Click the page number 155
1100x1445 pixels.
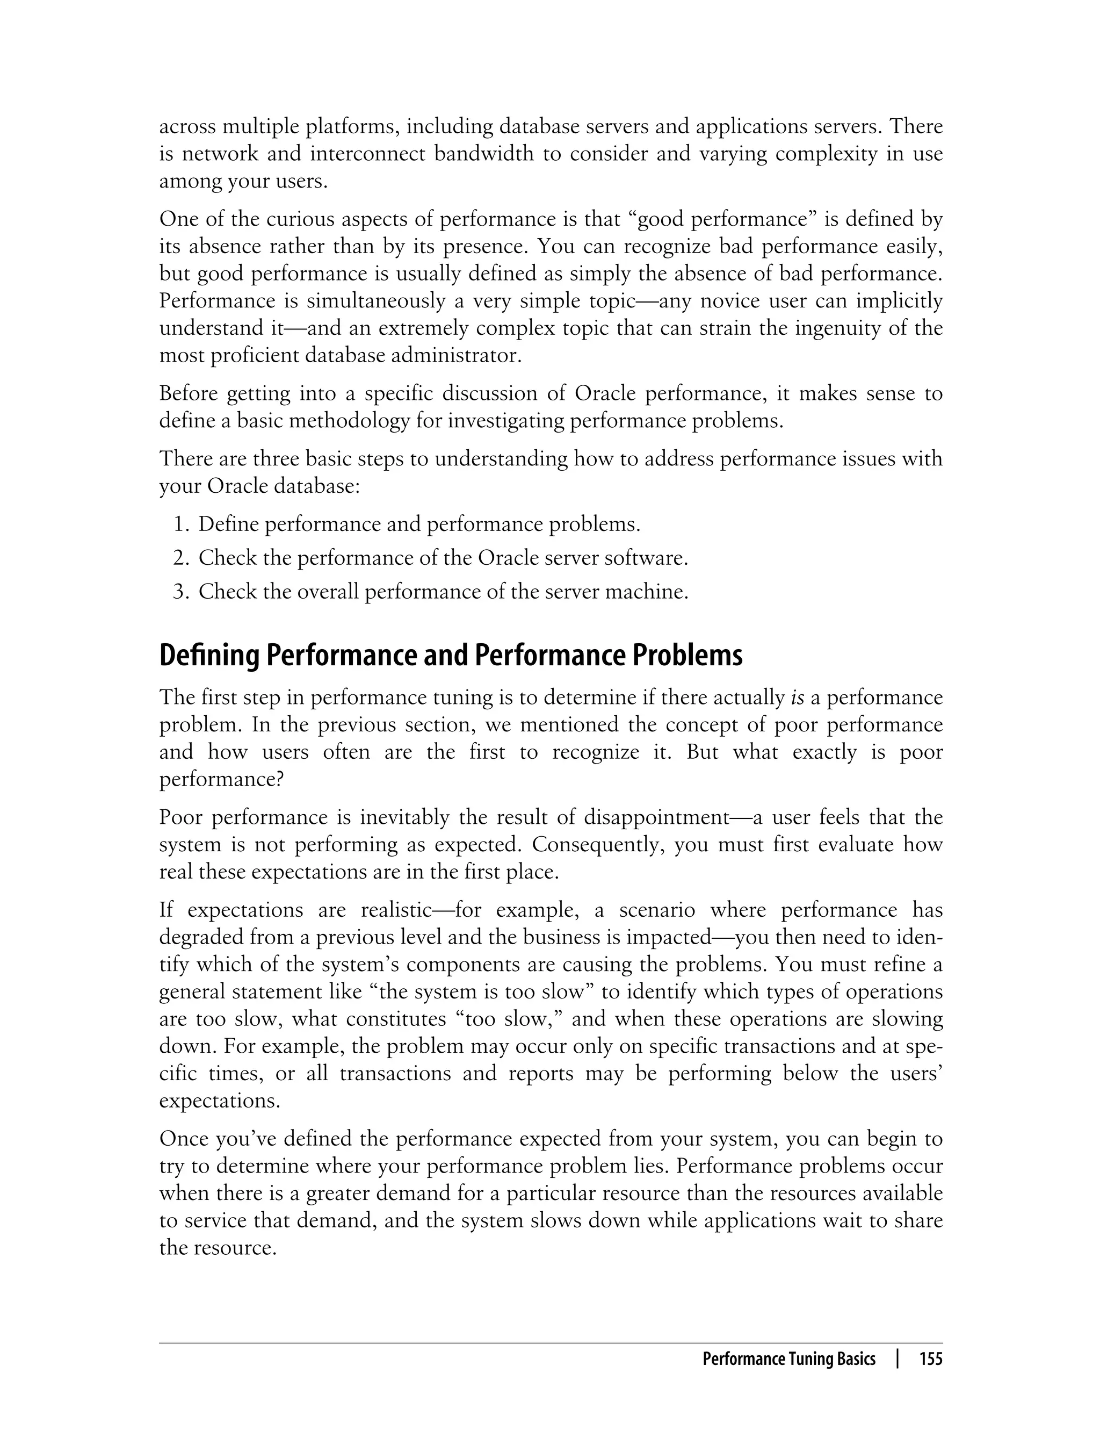[x=930, y=1360]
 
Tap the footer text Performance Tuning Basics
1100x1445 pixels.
[x=788, y=1360]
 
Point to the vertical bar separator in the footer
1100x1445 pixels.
[x=898, y=1360]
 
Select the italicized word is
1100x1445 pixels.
[x=798, y=698]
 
